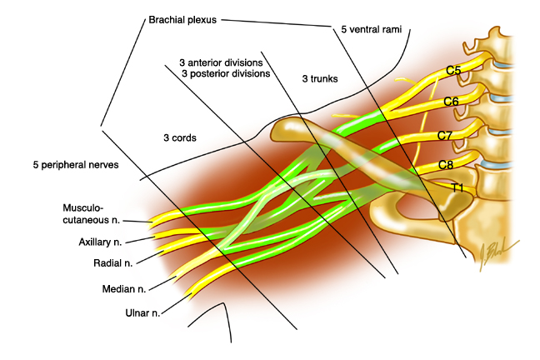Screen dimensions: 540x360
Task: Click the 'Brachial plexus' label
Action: (x=182, y=20)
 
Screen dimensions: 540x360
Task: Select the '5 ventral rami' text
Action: (x=372, y=30)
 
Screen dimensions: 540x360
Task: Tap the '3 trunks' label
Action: (x=320, y=79)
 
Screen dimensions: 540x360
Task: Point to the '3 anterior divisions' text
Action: (x=221, y=62)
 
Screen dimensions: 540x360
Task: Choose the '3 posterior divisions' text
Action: (x=226, y=73)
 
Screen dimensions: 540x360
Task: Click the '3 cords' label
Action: (x=180, y=137)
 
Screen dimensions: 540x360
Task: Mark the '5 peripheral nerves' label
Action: (x=76, y=165)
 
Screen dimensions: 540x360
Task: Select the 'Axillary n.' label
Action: (x=100, y=242)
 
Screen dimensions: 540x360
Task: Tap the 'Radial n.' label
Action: (x=113, y=263)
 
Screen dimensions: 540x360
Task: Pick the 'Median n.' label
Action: (x=124, y=288)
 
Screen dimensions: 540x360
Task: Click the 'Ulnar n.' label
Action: (x=142, y=312)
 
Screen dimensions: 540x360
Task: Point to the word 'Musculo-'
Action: (x=83, y=208)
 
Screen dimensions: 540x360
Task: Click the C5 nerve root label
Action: (x=453, y=70)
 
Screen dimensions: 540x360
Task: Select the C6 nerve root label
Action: (x=451, y=102)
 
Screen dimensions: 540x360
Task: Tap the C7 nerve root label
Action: (x=445, y=135)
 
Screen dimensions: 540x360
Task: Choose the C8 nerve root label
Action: (x=445, y=165)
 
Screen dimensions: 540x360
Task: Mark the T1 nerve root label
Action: (x=457, y=188)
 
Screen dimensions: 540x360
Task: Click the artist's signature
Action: (x=497, y=254)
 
